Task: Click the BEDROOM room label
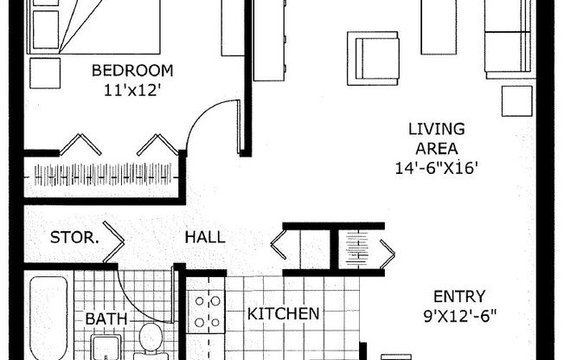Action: tap(132, 71)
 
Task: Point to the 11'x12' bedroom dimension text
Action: tap(132, 88)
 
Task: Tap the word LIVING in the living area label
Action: tap(436, 130)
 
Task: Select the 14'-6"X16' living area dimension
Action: tap(436, 169)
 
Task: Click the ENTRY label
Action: tap(459, 296)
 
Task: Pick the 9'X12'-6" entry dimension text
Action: tap(459, 315)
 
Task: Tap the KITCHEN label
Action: tap(283, 313)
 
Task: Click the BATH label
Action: tap(106, 319)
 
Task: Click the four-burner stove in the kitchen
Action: tap(208, 312)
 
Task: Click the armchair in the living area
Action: tap(373, 58)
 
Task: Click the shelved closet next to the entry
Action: tap(356, 247)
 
